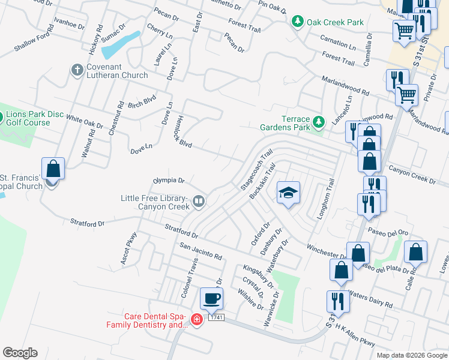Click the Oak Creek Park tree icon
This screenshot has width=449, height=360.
[297, 22]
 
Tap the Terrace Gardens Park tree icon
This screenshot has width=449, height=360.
[319, 122]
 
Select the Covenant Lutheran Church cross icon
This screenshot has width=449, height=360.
[77, 71]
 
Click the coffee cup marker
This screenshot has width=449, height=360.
[211, 298]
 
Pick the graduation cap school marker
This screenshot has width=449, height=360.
[288, 193]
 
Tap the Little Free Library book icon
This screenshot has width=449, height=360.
[198, 203]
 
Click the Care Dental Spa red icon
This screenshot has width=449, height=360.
[196, 320]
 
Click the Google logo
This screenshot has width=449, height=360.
[20, 353]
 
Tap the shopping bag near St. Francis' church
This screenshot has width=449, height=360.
[53, 169]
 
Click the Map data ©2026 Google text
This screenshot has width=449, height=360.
[411, 355]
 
